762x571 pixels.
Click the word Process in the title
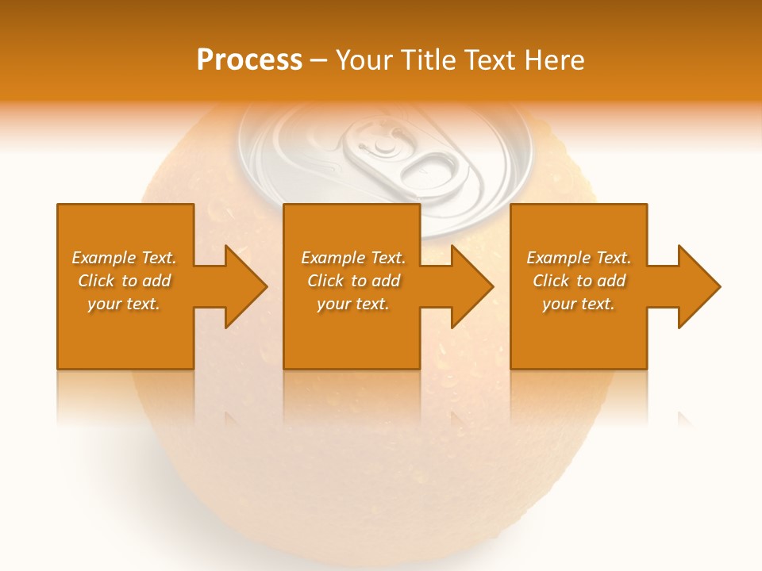coord(249,60)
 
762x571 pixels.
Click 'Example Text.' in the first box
coord(124,258)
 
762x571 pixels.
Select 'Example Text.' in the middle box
coord(353,258)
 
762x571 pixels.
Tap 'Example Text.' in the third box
coord(579,258)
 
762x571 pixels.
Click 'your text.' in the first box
coord(124,304)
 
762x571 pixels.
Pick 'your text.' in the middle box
coord(353,304)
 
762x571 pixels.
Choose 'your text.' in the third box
coord(579,304)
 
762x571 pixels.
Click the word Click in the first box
coord(95,281)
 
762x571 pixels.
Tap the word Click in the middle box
coord(325,281)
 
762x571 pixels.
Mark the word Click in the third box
coord(550,281)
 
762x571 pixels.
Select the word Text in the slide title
coord(487,60)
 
